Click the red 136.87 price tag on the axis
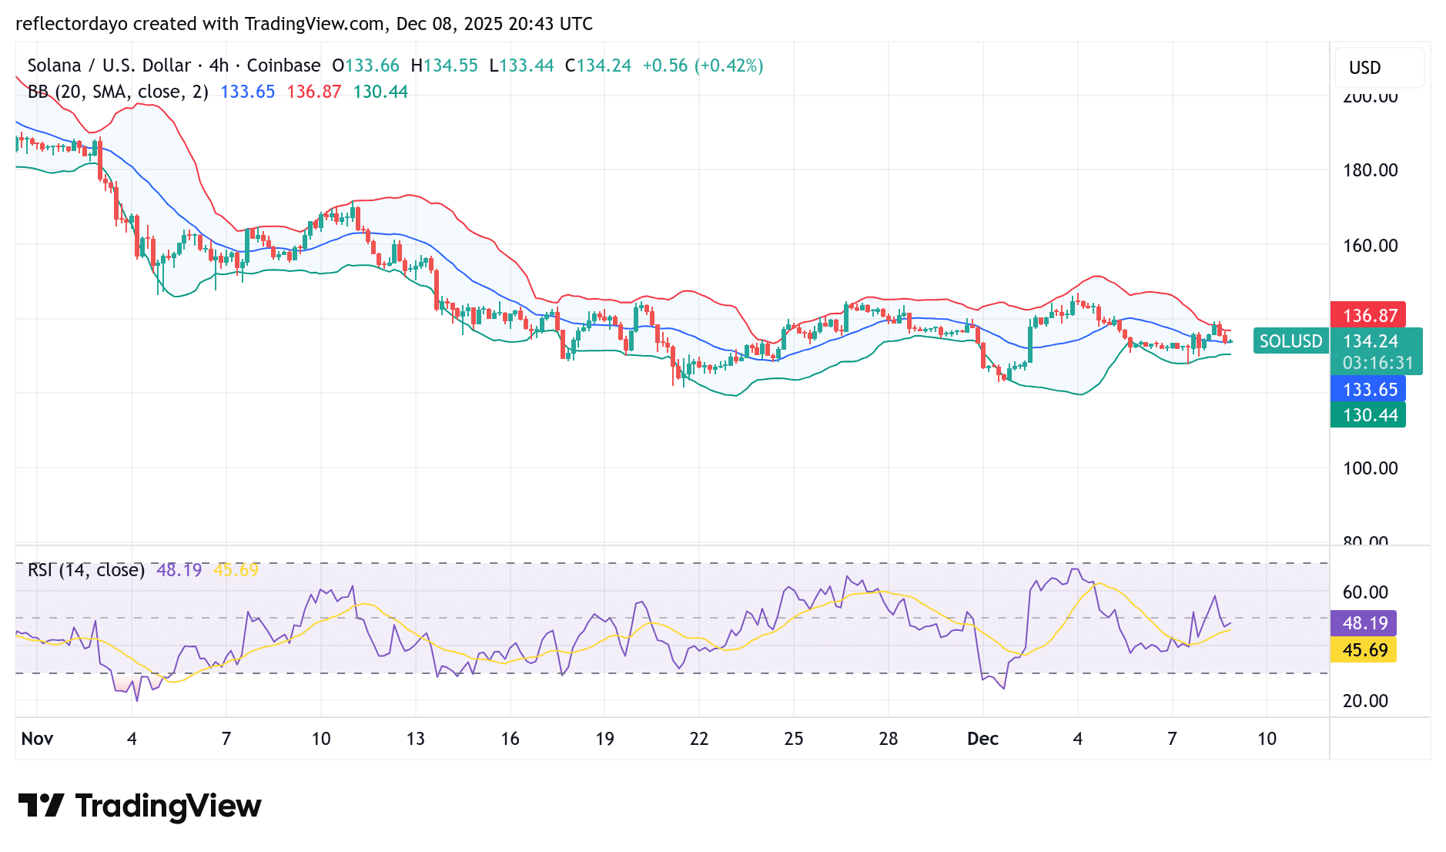(1368, 315)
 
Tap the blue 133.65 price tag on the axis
(1368, 389)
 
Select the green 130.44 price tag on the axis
(1368, 415)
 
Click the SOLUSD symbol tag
(1290, 341)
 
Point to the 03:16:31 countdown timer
(1377, 363)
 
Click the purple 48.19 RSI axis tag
(1364, 622)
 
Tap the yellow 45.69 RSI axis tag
(1364, 650)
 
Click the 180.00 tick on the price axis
(1370, 170)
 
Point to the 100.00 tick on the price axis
(1370, 468)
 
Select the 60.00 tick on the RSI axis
(1365, 592)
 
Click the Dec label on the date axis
(982, 739)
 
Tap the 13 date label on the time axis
(416, 739)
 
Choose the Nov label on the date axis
(37, 739)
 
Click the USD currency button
(1365, 68)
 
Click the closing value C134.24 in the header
(597, 65)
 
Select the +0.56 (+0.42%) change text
(702, 65)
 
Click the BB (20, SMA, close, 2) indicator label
(118, 92)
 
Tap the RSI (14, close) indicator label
(86, 570)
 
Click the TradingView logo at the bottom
(140, 806)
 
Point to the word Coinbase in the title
(283, 65)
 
